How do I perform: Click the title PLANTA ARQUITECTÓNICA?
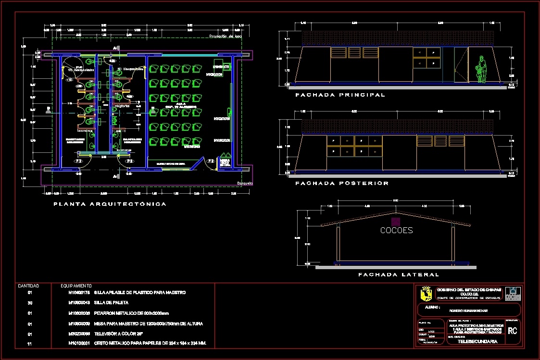(x=110, y=204)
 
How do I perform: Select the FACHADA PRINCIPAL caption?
(x=340, y=95)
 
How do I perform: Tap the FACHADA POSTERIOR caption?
(x=342, y=184)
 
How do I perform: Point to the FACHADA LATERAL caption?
(x=399, y=275)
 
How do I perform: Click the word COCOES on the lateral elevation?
(x=396, y=230)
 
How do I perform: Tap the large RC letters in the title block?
(x=513, y=331)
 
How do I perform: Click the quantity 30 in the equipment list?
(x=30, y=303)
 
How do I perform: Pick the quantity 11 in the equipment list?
(x=30, y=344)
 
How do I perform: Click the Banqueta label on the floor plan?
(x=245, y=184)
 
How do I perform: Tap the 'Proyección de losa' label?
(x=225, y=37)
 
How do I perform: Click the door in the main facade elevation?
(x=460, y=66)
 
